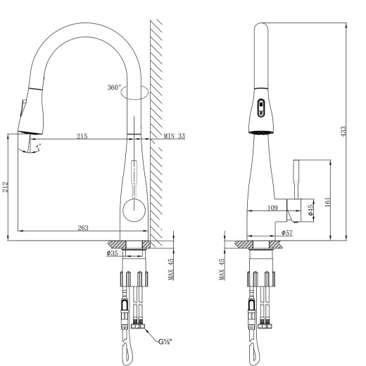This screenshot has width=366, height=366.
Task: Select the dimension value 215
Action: pyautogui.click(x=82, y=136)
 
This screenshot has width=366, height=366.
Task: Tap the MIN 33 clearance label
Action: pyautogui.click(x=174, y=136)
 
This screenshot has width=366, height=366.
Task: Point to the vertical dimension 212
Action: pyautogui.click(x=6, y=186)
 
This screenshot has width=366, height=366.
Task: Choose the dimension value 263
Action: pyautogui.click(x=82, y=227)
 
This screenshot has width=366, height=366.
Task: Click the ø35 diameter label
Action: pyautogui.click(x=112, y=253)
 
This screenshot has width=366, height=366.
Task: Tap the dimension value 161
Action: pyautogui.click(x=327, y=201)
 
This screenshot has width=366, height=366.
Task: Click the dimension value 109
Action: pyautogui.click(x=274, y=208)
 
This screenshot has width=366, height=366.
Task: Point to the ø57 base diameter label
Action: pyautogui.click(x=287, y=232)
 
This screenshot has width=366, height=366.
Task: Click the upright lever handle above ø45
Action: pyautogui.click(x=297, y=179)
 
